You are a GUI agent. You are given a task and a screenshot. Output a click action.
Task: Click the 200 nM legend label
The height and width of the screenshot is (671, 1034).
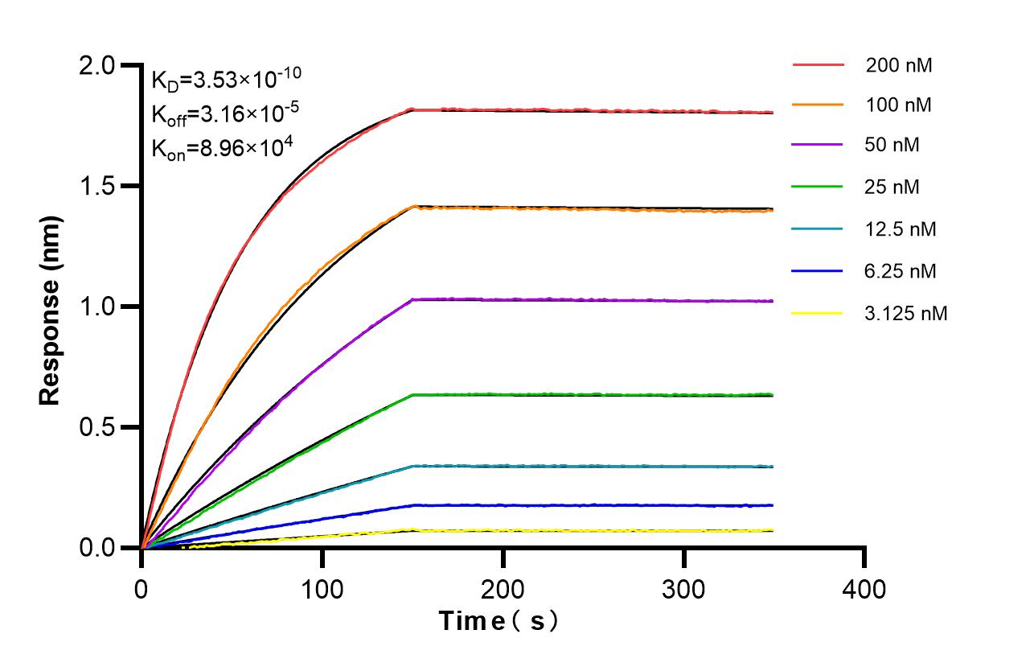click(x=899, y=66)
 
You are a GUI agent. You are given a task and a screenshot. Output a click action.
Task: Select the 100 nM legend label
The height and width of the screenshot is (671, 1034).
click(x=899, y=105)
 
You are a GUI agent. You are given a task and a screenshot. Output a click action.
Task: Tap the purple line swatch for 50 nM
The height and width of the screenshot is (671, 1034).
click(x=818, y=146)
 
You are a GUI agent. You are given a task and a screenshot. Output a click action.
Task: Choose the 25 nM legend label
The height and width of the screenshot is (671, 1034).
click(x=892, y=187)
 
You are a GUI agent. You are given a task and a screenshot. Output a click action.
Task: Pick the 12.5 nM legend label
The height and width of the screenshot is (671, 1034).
click(x=901, y=229)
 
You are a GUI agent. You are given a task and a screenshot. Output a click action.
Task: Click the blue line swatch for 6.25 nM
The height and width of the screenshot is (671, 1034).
click(x=818, y=271)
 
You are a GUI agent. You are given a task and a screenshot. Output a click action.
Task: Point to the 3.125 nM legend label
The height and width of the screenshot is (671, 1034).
click(x=906, y=314)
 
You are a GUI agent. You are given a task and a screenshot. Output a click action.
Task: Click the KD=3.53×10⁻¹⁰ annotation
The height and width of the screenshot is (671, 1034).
click(x=227, y=79)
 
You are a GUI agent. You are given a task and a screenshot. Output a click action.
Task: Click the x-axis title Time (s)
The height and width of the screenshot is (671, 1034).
click(x=499, y=621)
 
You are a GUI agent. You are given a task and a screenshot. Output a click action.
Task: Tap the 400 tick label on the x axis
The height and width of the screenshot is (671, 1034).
click(x=864, y=589)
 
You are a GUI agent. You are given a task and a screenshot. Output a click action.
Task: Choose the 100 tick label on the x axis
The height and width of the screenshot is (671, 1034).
click(x=322, y=589)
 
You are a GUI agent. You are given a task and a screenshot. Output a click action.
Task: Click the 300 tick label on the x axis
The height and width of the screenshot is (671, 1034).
click(x=684, y=589)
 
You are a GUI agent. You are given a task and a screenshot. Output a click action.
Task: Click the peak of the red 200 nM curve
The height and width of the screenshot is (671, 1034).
click(x=412, y=109)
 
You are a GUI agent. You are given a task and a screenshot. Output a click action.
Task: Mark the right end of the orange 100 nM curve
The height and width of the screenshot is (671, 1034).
click(x=773, y=211)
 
